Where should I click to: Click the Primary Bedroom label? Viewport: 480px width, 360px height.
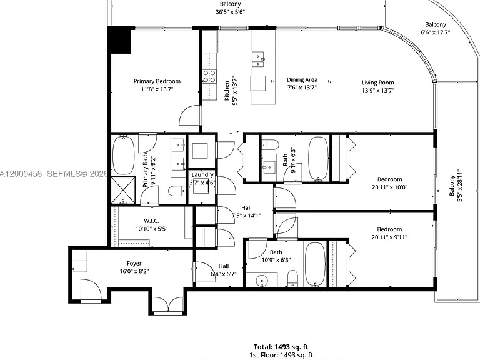[157, 81]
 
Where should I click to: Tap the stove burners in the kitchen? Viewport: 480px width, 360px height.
[209, 76]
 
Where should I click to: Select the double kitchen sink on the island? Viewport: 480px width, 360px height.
[258, 59]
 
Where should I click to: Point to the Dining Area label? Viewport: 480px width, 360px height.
[302, 79]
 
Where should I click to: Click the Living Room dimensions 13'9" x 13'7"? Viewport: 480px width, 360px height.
[377, 90]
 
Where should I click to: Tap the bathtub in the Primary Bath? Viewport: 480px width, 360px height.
[123, 155]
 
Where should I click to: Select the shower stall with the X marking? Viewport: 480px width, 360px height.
[123, 190]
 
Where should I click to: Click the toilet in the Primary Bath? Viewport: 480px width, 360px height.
[177, 191]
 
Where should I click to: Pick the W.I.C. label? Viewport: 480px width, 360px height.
[151, 221]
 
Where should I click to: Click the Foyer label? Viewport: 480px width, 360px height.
[134, 263]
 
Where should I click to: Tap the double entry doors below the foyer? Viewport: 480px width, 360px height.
[167, 305]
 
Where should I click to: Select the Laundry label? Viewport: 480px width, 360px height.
[202, 174]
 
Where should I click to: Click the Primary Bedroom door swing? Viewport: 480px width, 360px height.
[189, 115]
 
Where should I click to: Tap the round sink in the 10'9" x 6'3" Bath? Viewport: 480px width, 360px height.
[262, 280]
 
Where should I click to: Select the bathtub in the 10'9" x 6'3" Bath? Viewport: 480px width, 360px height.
[315, 264]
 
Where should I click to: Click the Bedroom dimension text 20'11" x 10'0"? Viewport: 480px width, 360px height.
[390, 187]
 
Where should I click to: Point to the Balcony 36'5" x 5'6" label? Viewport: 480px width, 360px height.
[230, 8]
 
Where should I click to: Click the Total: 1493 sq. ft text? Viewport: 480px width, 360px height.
[281, 347]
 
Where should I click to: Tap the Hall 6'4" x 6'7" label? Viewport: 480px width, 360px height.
[224, 270]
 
